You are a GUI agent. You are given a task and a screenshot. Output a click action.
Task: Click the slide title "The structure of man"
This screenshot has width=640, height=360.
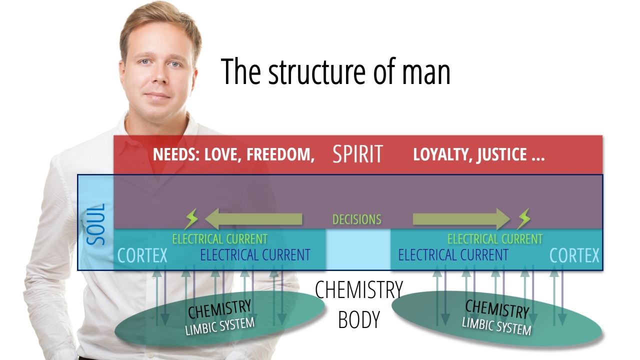pos(335,71)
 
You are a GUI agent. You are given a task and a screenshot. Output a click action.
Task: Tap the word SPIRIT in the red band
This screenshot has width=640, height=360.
pos(357,154)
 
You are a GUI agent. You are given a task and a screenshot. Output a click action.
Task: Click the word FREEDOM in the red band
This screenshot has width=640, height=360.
pos(280,154)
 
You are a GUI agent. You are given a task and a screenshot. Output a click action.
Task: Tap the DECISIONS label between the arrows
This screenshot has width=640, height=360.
pos(357,219)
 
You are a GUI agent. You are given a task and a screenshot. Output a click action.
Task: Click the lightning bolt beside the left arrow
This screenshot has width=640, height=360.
pos(191,219)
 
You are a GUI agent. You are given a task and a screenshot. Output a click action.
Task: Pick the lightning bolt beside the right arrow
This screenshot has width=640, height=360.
pos(523,219)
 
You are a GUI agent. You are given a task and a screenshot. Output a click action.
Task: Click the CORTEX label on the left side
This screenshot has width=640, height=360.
pos(142,256)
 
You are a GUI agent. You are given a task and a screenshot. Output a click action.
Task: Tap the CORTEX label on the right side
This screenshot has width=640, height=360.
pos(574,256)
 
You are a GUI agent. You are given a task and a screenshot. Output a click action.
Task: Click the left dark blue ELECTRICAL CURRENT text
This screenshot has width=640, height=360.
pos(255,255)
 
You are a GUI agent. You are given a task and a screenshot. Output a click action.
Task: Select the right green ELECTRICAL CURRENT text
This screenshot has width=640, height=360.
pos(494,239)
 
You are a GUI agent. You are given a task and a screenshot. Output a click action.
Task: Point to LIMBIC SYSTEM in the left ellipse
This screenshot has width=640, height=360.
pos(220,326)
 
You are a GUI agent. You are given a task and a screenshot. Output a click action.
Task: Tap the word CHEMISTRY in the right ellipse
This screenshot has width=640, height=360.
pos(496,309)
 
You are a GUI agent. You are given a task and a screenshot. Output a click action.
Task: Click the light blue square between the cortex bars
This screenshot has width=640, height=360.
pos(358,248)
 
